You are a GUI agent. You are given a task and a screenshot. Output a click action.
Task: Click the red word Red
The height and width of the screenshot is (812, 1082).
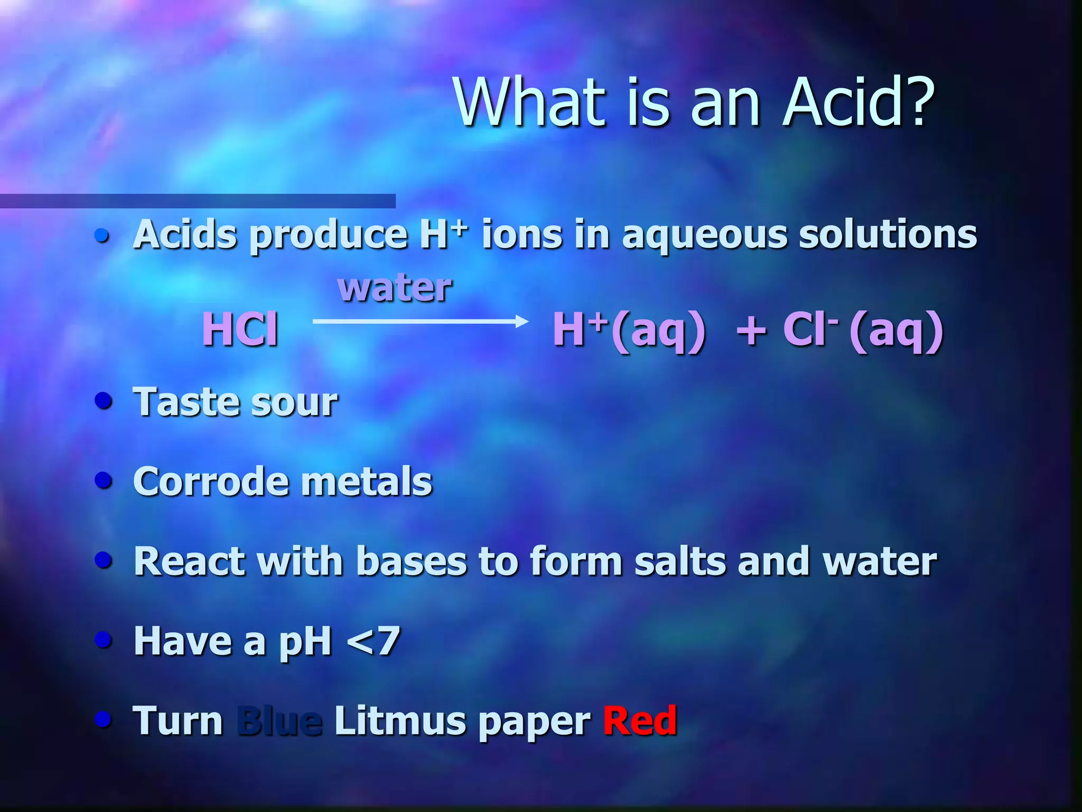(640, 720)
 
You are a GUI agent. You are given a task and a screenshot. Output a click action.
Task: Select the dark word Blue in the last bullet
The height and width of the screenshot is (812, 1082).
(279, 720)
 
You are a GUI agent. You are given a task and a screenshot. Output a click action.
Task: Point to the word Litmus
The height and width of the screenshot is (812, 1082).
(399, 720)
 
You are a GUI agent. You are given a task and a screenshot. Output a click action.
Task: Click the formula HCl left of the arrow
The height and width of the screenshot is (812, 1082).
(240, 329)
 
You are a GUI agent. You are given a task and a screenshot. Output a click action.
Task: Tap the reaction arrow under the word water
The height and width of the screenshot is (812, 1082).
(421, 321)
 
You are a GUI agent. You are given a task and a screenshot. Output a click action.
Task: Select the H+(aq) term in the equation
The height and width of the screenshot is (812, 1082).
(629, 330)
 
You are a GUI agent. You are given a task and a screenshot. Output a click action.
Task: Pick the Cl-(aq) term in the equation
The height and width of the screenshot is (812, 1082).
(863, 330)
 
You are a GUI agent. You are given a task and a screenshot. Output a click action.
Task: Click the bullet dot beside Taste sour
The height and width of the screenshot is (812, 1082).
(104, 400)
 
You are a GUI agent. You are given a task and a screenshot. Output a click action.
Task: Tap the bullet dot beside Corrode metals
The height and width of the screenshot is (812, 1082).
(104, 480)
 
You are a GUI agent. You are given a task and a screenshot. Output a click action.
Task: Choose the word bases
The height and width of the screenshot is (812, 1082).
(412, 561)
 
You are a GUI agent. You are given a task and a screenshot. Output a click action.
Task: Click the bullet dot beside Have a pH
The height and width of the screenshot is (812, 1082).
(104, 640)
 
